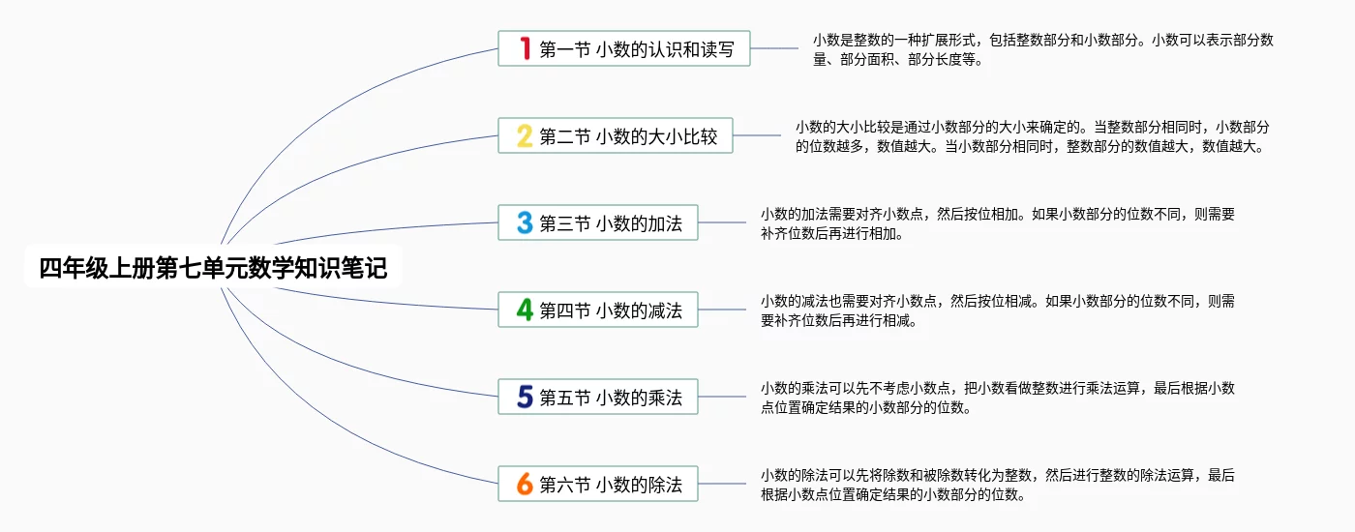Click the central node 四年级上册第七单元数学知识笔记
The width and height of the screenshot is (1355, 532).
213,268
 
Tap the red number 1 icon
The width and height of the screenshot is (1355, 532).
525,48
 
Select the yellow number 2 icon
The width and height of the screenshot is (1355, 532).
525,135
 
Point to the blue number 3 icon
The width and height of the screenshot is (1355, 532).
525,222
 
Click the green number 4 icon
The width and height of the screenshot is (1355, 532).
525,310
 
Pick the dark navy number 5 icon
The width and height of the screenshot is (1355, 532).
525,397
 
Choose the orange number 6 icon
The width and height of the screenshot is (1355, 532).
525,484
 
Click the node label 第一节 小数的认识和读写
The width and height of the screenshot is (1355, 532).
644,49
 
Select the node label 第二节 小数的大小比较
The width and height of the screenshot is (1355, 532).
628,136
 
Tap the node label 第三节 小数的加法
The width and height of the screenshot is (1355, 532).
611,223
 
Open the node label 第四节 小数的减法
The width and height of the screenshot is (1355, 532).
611,310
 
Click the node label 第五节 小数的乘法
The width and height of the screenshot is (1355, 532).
611,398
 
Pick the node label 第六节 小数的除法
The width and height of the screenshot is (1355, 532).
611,485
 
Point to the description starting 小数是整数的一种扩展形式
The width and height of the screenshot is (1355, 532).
1042,49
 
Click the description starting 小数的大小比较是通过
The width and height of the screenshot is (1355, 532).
1032,136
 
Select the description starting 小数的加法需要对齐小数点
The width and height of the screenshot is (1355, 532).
997,223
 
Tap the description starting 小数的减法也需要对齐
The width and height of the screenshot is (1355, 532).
997,310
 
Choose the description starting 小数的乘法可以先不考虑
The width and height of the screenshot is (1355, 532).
997,398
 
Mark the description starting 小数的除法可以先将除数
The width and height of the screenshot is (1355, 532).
997,485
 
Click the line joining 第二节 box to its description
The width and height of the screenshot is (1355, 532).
757,135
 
